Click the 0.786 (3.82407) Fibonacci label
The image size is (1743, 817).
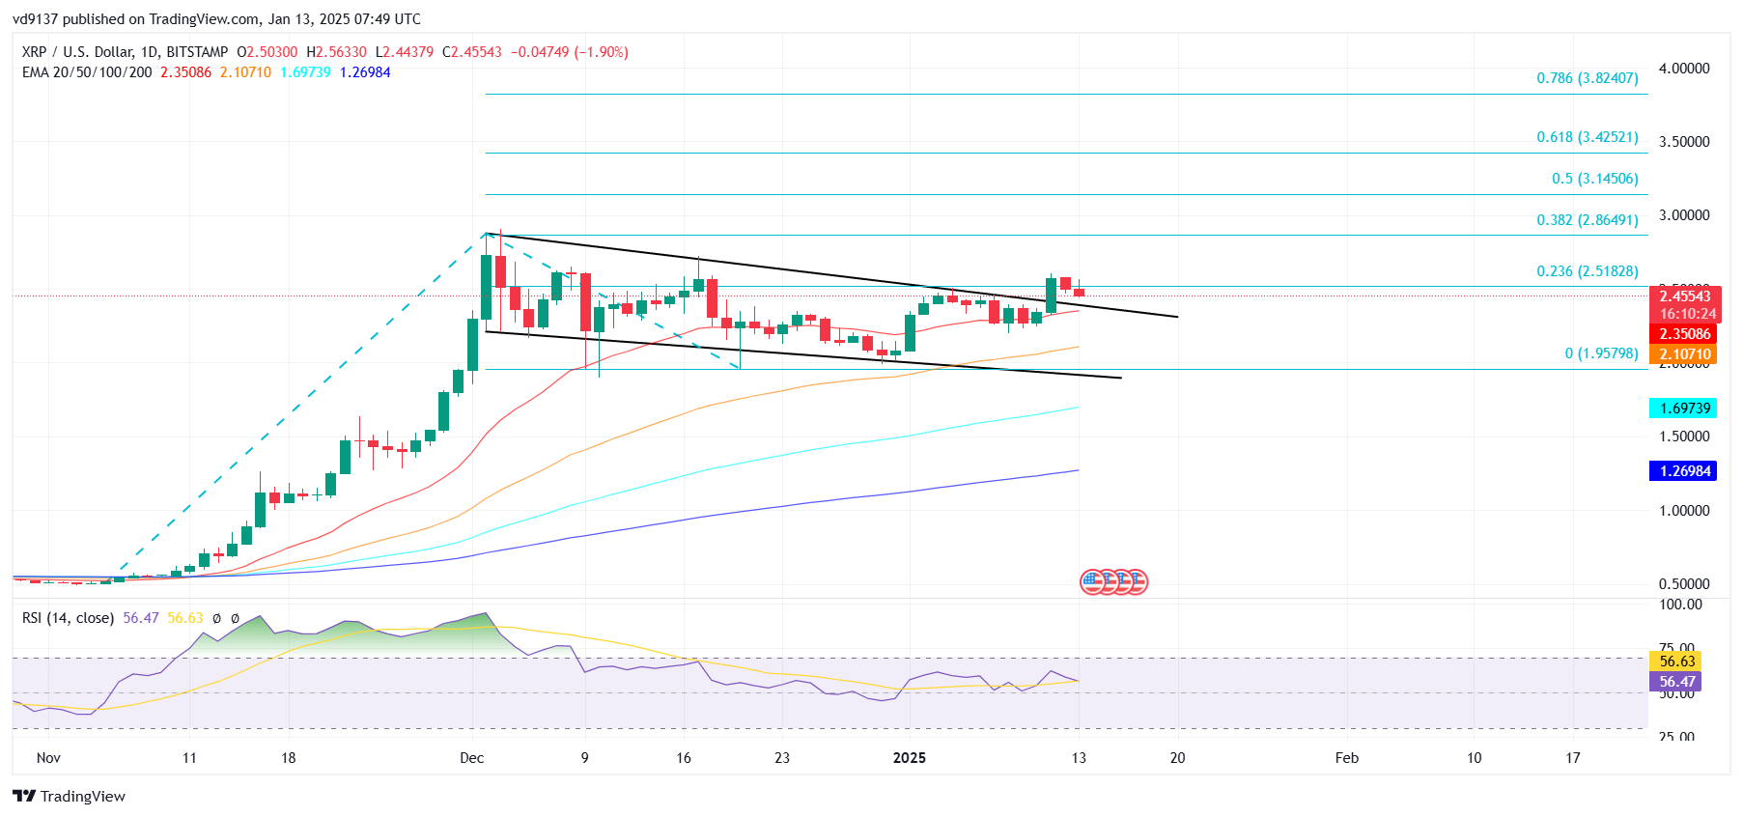pos(1587,78)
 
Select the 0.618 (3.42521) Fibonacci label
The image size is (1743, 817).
pos(1587,137)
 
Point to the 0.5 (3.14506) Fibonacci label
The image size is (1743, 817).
pos(1594,179)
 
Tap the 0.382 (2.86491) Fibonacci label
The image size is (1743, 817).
pos(1587,220)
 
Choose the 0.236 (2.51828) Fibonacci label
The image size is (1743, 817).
pos(1587,271)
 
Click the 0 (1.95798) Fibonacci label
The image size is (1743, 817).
pos(1601,353)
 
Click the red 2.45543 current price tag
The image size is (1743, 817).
pos(1684,296)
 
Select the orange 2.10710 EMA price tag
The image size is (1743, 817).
pos(1684,354)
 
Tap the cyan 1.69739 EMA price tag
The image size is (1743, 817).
pos(1684,408)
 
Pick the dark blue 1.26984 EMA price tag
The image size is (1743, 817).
pos(1684,471)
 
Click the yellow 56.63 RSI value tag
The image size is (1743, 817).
pos(1676,662)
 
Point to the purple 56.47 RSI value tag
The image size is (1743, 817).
pos(1676,682)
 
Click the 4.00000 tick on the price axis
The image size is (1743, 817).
pos(1683,69)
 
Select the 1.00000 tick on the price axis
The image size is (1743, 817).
pos(1683,511)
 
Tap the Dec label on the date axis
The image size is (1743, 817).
pos(472,758)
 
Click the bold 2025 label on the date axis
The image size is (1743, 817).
pos(909,758)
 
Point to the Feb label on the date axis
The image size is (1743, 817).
pos(1346,758)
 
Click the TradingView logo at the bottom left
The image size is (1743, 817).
pos(70,797)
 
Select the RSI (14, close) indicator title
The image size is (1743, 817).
pos(68,618)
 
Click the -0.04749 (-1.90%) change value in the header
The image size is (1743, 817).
pos(569,52)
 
